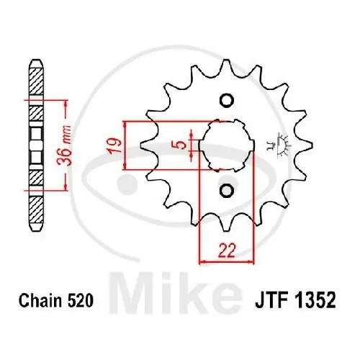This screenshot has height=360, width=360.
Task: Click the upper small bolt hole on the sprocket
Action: coord(225,100)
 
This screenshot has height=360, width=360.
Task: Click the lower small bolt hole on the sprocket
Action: coord(225,190)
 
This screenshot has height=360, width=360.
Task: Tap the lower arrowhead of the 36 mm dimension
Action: coord(66,188)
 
